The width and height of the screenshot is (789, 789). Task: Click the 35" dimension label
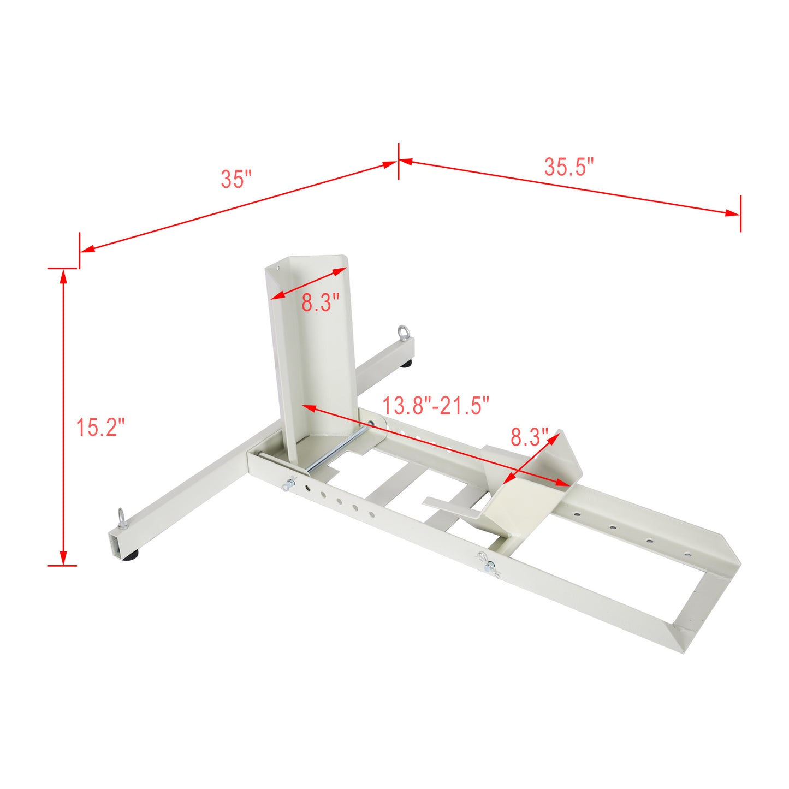tap(236, 179)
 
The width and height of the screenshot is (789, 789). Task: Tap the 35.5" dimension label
tap(568, 167)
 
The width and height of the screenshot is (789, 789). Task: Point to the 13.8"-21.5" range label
tap(435, 406)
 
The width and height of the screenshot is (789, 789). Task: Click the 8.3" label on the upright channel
tap(321, 302)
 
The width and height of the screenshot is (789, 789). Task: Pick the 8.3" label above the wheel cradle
tap(529, 437)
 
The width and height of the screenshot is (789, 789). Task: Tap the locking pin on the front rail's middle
tap(487, 562)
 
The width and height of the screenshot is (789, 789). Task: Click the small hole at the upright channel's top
tap(277, 268)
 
